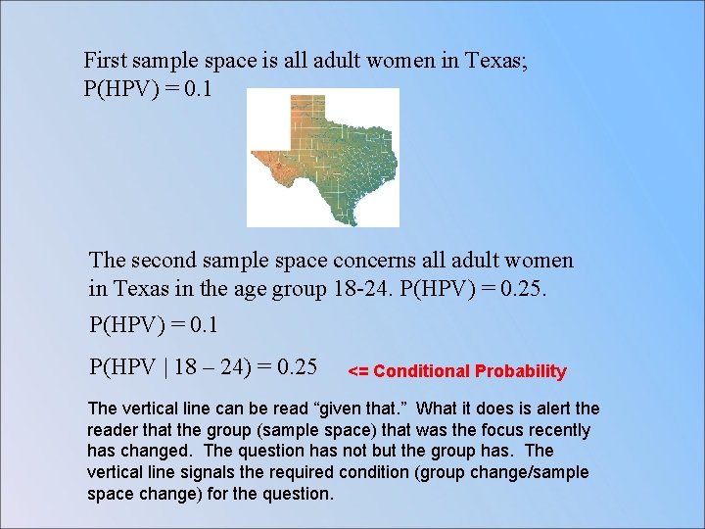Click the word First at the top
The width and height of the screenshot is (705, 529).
pyautogui.click(x=105, y=61)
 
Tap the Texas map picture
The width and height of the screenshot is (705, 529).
pyautogui.click(x=323, y=157)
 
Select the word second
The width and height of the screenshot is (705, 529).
pyautogui.click(x=163, y=261)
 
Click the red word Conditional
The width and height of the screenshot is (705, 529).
pyautogui.click(x=422, y=371)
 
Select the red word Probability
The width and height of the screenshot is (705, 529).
pyautogui.click(x=520, y=371)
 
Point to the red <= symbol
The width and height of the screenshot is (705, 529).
pyautogui.click(x=358, y=371)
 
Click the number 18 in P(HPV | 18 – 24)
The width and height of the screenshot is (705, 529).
pyautogui.click(x=188, y=367)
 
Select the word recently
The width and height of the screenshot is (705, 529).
pyautogui.click(x=559, y=430)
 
